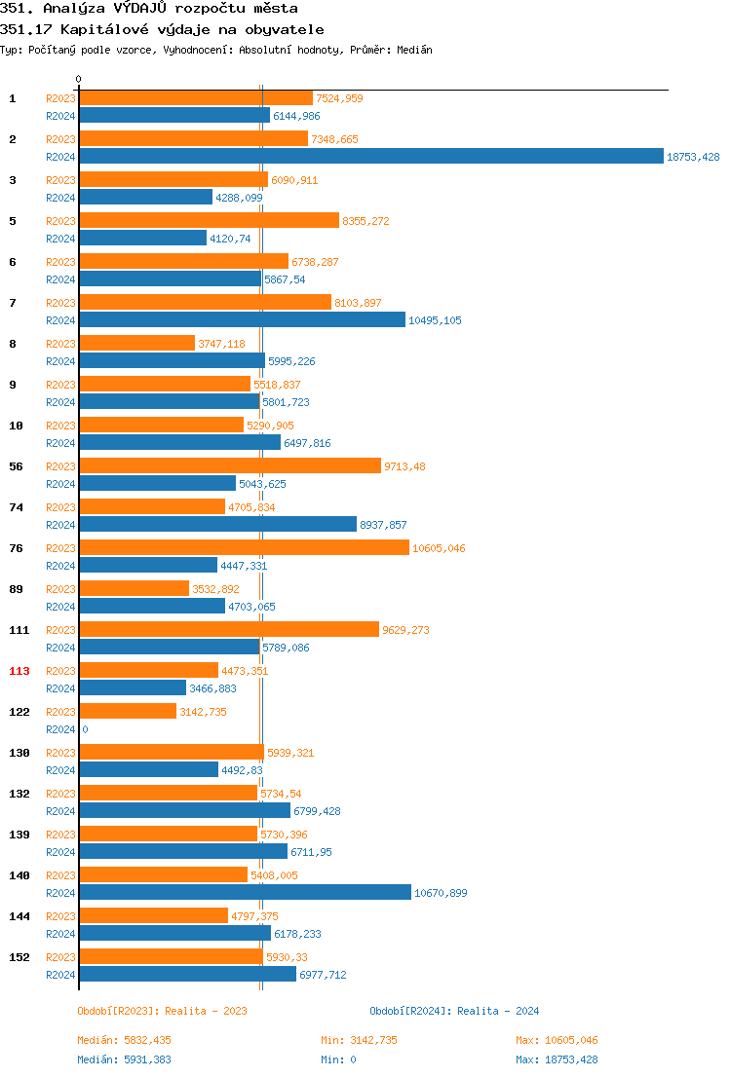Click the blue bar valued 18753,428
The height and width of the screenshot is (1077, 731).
pyautogui.click(x=370, y=156)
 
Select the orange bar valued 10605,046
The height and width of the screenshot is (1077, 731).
pyautogui.click(x=244, y=547)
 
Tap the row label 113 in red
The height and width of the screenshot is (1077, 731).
pyautogui.click(x=19, y=671)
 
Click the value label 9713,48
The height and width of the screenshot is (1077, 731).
pyautogui.click(x=404, y=466)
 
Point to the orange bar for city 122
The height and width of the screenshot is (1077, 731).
pyautogui.click(x=128, y=711)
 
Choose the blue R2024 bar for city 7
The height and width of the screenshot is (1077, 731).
pyautogui.click(x=242, y=319)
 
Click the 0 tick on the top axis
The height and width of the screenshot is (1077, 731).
pyautogui.click(x=79, y=80)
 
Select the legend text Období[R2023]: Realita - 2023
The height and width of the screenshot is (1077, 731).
pyautogui.click(x=162, y=1011)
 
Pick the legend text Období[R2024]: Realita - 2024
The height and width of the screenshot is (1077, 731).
pyautogui.click(x=454, y=1011)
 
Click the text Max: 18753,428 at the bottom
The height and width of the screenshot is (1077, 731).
pyautogui.click(x=557, y=1059)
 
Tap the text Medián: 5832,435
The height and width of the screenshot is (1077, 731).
pyautogui.click(x=124, y=1040)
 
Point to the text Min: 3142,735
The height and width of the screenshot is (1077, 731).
pyautogui.click(x=359, y=1040)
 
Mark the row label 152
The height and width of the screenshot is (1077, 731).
pyautogui.click(x=19, y=957)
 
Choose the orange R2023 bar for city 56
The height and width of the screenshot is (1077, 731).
pyautogui.click(x=230, y=465)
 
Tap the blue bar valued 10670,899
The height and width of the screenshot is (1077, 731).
pyautogui.click(x=245, y=892)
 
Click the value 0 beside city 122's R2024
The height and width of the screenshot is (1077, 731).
pyautogui.click(x=85, y=729)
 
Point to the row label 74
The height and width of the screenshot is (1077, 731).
pyautogui.click(x=17, y=507)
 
